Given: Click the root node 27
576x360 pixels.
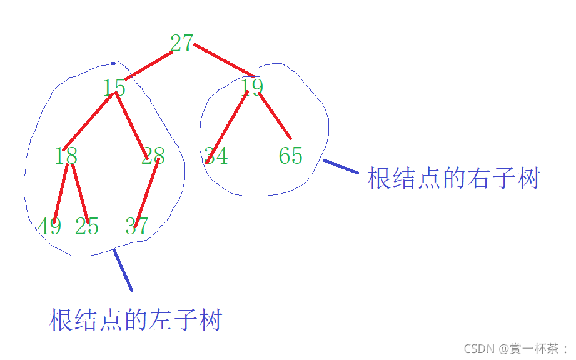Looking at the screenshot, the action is [x=181, y=43].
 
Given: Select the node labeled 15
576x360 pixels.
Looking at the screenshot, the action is [x=114, y=87].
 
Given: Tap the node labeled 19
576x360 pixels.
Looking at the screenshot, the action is [x=252, y=87].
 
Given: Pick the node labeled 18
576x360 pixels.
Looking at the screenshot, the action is [x=66, y=156].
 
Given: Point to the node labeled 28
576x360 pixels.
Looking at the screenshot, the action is [x=153, y=156].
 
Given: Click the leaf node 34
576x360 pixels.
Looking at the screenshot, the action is [x=216, y=156].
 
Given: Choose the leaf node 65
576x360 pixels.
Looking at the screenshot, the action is [x=291, y=156].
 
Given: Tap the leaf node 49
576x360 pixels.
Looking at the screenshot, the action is [x=49, y=226].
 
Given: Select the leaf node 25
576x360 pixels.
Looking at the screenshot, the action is [x=87, y=226].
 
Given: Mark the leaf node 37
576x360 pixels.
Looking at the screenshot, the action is [x=136, y=226].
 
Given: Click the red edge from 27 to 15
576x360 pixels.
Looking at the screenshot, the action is [x=149, y=66].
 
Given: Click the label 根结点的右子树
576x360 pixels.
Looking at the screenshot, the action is [x=453, y=179].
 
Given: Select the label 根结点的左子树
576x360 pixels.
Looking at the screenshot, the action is [x=135, y=320].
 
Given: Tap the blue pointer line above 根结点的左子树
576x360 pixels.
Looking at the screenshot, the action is [x=123, y=270].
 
